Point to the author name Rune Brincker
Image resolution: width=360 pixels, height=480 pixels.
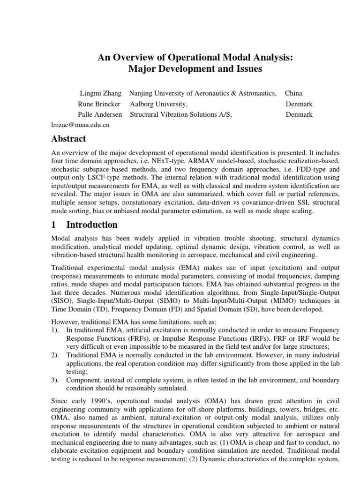(x=99, y=104)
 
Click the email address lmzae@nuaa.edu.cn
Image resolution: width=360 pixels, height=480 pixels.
(x=80, y=125)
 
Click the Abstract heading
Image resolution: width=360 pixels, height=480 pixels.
(x=68, y=139)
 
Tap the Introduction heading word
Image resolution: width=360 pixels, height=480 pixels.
(x=92, y=225)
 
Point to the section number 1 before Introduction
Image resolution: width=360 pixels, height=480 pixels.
(x=54, y=225)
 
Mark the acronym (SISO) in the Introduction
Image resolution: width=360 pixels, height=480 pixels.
(x=62, y=300)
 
